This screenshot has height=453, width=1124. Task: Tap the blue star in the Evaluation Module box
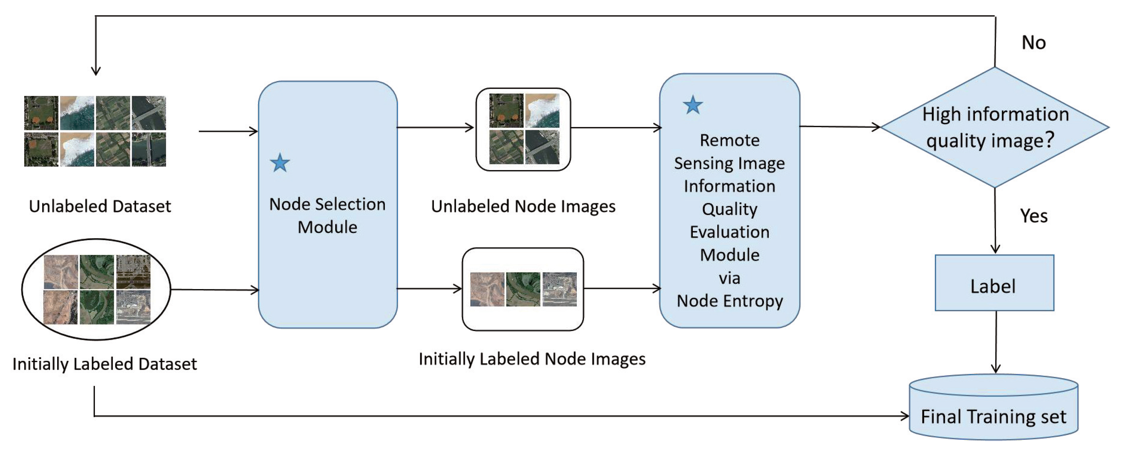[x=693, y=105]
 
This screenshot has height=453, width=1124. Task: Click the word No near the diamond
[x=1033, y=43]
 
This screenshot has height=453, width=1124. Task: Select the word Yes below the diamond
[x=1033, y=216]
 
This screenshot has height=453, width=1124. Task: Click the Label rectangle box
[x=994, y=283]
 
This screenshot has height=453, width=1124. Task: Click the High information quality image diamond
[x=995, y=127]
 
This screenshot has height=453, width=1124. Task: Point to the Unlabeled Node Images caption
[x=523, y=206]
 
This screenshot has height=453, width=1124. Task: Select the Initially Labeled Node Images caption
[x=532, y=359]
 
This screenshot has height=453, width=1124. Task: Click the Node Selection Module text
[x=327, y=215]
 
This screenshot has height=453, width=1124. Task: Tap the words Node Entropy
[x=730, y=301]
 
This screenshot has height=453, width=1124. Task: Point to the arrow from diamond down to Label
[x=995, y=222]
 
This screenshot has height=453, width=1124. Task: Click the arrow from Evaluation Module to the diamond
[x=840, y=127]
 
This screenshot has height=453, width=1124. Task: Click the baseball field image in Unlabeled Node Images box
[x=506, y=111]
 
